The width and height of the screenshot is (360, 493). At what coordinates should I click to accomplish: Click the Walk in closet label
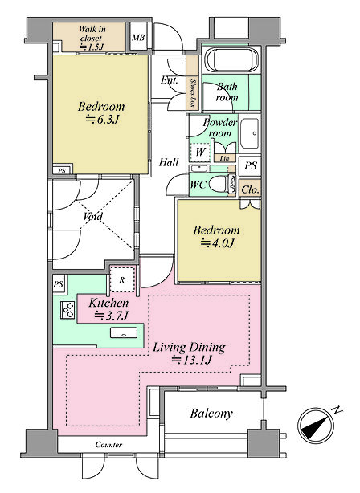[92, 38]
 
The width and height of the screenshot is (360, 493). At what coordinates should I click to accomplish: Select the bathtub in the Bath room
[231, 59]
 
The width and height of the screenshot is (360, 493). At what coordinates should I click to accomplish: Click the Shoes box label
[193, 93]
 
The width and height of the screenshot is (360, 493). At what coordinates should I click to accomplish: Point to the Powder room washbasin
[250, 134]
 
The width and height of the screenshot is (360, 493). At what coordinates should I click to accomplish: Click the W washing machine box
[200, 153]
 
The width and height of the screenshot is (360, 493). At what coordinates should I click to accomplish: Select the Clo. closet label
[250, 189]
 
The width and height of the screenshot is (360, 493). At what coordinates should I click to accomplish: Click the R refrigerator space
[122, 280]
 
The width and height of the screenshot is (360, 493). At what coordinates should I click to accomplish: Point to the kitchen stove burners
[67, 310]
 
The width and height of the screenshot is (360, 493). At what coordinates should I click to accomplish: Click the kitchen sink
[124, 333]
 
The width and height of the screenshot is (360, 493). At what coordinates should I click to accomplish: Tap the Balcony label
[211, 414]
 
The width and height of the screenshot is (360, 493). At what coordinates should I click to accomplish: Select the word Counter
[108, 445]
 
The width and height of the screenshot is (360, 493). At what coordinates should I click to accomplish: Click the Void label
[93, 217]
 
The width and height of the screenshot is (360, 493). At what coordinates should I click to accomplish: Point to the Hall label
[169, 162]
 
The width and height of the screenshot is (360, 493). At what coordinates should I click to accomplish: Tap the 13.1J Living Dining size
[191, 360]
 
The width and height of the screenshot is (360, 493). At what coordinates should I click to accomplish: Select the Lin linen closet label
[224, 158]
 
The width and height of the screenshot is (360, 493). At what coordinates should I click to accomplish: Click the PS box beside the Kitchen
[58, 284]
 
